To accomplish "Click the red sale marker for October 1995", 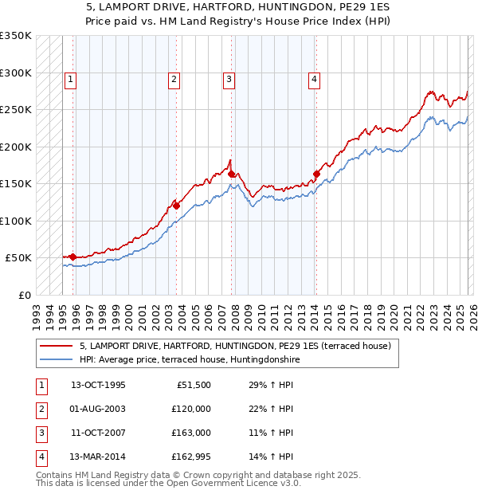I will [72, 257].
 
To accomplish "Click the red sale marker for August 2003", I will [176, 206].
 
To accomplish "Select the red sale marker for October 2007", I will [232, 174].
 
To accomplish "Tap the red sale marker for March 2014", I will [316, 174].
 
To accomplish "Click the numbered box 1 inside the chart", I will [72, 79].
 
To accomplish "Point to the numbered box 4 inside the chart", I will [315, 79].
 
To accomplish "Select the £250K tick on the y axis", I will [16, 110].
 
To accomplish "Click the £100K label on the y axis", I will [16, 221].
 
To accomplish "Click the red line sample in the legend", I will [56, 347].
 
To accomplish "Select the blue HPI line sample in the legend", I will [56, 360].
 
